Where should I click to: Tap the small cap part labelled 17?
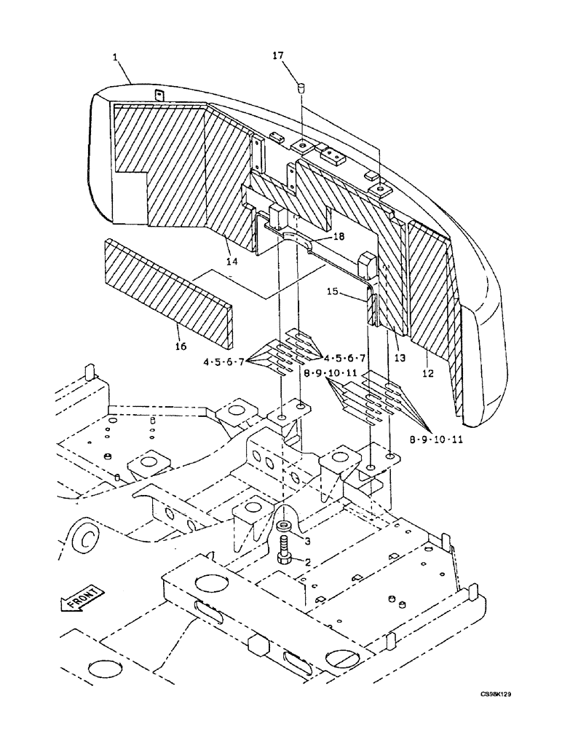pyautogui.click(x=298, y=89)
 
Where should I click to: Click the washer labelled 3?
pyautogui.click(x=282, y=525)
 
